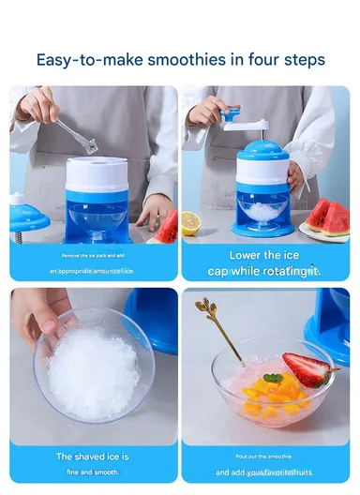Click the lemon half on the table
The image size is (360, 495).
[x=190, y=223]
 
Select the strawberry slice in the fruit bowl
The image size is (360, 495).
[x=307, y=370]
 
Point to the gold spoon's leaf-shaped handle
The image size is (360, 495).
[x=205, y=310]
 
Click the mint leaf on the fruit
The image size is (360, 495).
[x=273, y=379]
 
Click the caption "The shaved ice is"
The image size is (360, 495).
[x=92, y=457]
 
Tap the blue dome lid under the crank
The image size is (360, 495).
[x=262, y=150]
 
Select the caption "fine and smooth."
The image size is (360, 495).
[x=92, y=472]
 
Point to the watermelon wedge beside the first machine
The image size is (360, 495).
[x=167, y=228]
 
